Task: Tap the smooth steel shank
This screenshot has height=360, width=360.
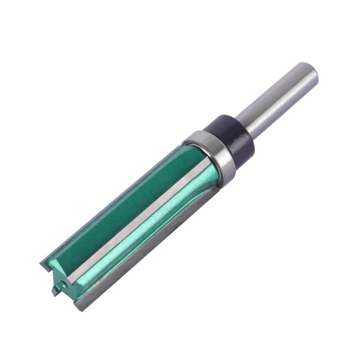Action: (x=277, y=101)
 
